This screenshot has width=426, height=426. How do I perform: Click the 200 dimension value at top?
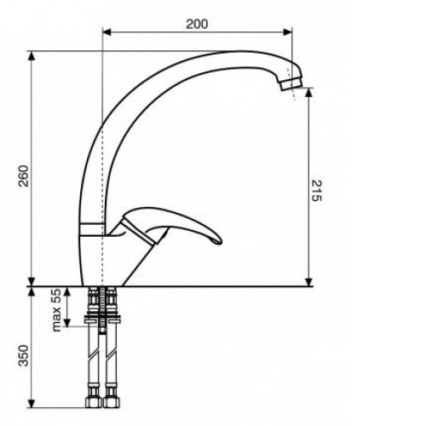coord(197,24)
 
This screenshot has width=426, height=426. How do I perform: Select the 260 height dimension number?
coord(24,176)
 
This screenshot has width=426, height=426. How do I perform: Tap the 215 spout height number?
coord(316,191)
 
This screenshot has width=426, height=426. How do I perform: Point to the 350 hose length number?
coord(24,355)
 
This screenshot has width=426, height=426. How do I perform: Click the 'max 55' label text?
coord(57,310)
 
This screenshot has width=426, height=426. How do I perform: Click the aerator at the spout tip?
coord(291,84)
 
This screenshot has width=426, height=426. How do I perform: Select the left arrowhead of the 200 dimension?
coord(106,32)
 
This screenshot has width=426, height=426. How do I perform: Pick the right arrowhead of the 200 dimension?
coord(287,32)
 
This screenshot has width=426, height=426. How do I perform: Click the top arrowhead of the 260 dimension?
coord(32,55)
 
